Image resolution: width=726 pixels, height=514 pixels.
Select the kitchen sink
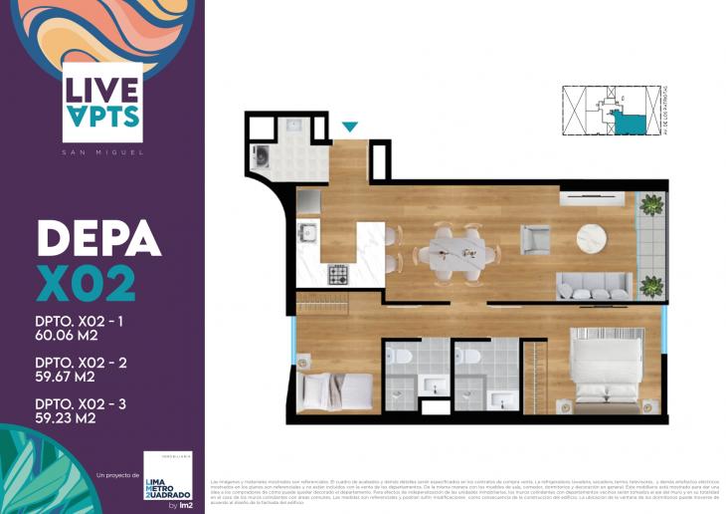(x=307, y=235)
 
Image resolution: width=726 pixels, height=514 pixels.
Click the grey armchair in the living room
(x=534, y=239)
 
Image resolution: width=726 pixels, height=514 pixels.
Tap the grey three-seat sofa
(x=594, y=285)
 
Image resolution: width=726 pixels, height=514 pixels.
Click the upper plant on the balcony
(x=650, y=205)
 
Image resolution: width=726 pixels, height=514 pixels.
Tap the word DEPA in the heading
(x=98, y=239)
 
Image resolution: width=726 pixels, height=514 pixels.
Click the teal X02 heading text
(x=87, y=284)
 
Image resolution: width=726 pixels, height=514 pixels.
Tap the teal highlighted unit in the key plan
(x=627, y=122)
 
